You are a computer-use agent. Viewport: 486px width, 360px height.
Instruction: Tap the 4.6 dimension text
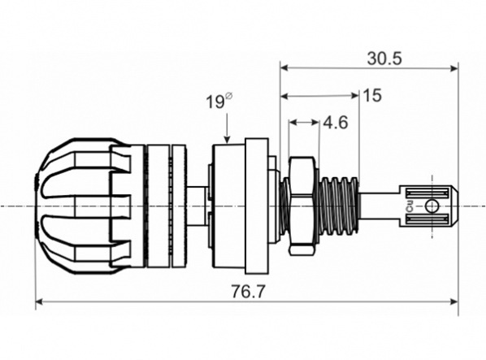point(335,123)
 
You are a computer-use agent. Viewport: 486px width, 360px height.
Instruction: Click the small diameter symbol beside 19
point(228,96)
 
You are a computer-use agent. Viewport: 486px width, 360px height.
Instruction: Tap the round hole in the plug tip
point(432,205)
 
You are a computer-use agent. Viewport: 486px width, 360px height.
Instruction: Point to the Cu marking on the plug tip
point(410,205)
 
